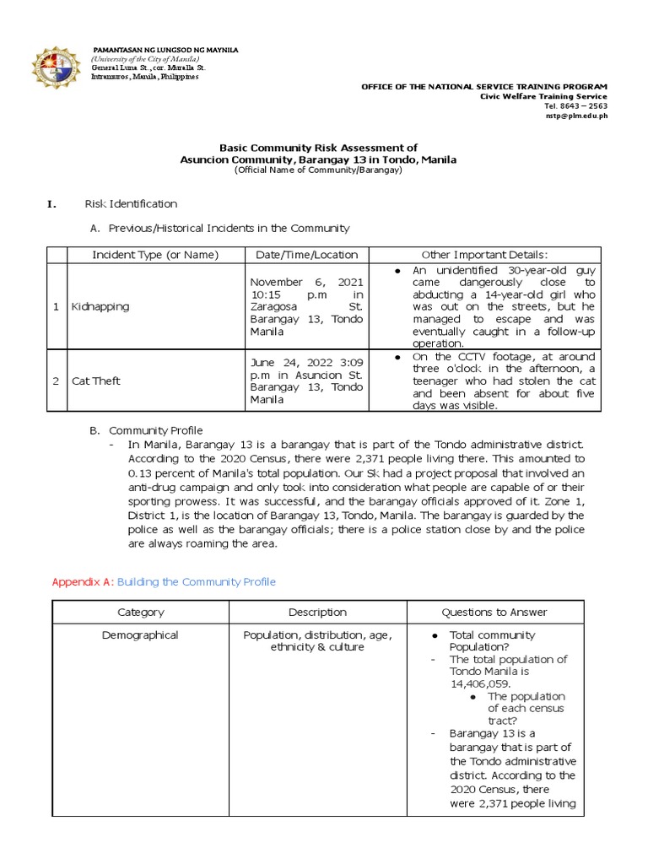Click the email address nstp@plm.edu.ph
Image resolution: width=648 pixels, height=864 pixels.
click(577, 116)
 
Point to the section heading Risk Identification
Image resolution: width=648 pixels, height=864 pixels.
click(131, 203)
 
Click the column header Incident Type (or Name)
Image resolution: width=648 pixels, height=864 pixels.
click(154, 255)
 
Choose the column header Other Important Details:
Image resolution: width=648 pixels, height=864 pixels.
click(484, 255)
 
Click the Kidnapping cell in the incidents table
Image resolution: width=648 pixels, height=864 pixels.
click(100, 306)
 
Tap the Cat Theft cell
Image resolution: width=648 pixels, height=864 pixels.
click(96, 381)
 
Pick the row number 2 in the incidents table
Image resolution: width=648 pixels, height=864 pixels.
click(56, 381)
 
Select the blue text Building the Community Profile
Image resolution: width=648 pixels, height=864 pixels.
click(196, 582)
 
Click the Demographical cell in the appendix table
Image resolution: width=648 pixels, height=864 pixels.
click(141, 635)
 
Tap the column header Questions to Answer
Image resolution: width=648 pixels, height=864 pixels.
click(494, 613)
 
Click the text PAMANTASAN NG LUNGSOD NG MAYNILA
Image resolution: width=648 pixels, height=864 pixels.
click(165, 51)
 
